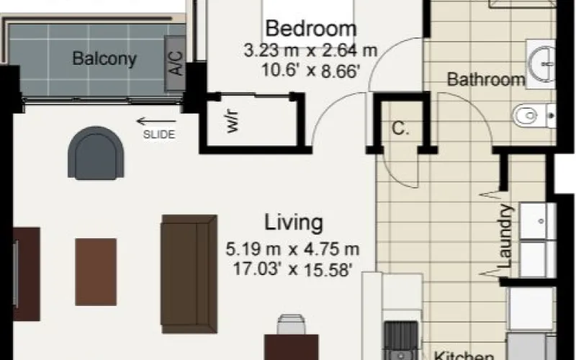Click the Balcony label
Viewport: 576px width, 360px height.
104,59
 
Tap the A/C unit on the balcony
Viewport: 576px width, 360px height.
175,63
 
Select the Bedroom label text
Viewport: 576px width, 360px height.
311,29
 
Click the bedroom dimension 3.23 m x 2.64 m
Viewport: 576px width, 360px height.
311,50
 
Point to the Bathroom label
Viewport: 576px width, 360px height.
486,79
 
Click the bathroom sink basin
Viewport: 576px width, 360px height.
542,64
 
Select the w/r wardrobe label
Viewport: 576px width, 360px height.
233,121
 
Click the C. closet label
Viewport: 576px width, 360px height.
400,128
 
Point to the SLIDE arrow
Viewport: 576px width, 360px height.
156,121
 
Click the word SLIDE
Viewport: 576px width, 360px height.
159,135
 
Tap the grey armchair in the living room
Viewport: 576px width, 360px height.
96,153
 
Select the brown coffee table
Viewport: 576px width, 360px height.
96,272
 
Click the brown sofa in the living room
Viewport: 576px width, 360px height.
189,274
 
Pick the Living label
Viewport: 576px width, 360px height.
294,222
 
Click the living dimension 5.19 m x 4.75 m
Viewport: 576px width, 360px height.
292,249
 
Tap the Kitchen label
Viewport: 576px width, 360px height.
464,356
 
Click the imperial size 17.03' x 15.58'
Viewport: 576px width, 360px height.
293,269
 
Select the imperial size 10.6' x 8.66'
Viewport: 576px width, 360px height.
310,70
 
